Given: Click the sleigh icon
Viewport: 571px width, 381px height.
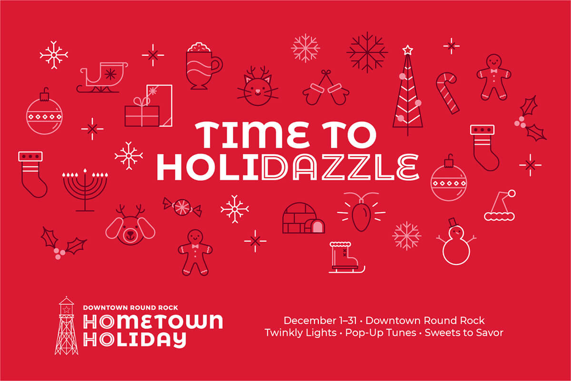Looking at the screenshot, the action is tap(102, 77).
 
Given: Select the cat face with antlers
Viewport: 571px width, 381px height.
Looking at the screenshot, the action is tap(257, 86).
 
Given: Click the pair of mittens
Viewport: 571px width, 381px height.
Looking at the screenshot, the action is tap(326, 88).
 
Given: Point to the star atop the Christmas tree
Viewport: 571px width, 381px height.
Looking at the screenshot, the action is tap(408, 49).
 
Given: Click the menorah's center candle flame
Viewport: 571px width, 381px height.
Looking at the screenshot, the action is tap(85, 170).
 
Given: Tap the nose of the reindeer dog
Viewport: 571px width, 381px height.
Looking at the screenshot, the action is tap(130, 234).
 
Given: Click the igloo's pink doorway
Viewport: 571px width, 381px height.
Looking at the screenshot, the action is tap(317, 227).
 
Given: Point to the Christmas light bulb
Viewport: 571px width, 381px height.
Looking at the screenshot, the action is tap(361, 215).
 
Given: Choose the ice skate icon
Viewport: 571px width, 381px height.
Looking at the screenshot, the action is tap(347, 257).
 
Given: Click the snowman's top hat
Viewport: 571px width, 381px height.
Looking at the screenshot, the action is tap(453, 223).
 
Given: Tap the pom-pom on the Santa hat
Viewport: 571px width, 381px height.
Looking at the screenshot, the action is tap(512, 194).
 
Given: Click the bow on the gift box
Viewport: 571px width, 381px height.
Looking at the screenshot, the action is tap(142, 101).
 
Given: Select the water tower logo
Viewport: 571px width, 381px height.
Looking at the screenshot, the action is tap(66, 326).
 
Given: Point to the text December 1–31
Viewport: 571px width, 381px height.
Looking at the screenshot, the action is tap(320, 321).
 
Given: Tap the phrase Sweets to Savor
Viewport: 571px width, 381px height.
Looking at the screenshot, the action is tap(464, 333).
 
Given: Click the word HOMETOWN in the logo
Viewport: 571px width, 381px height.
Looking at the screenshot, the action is tap(153, 322).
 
